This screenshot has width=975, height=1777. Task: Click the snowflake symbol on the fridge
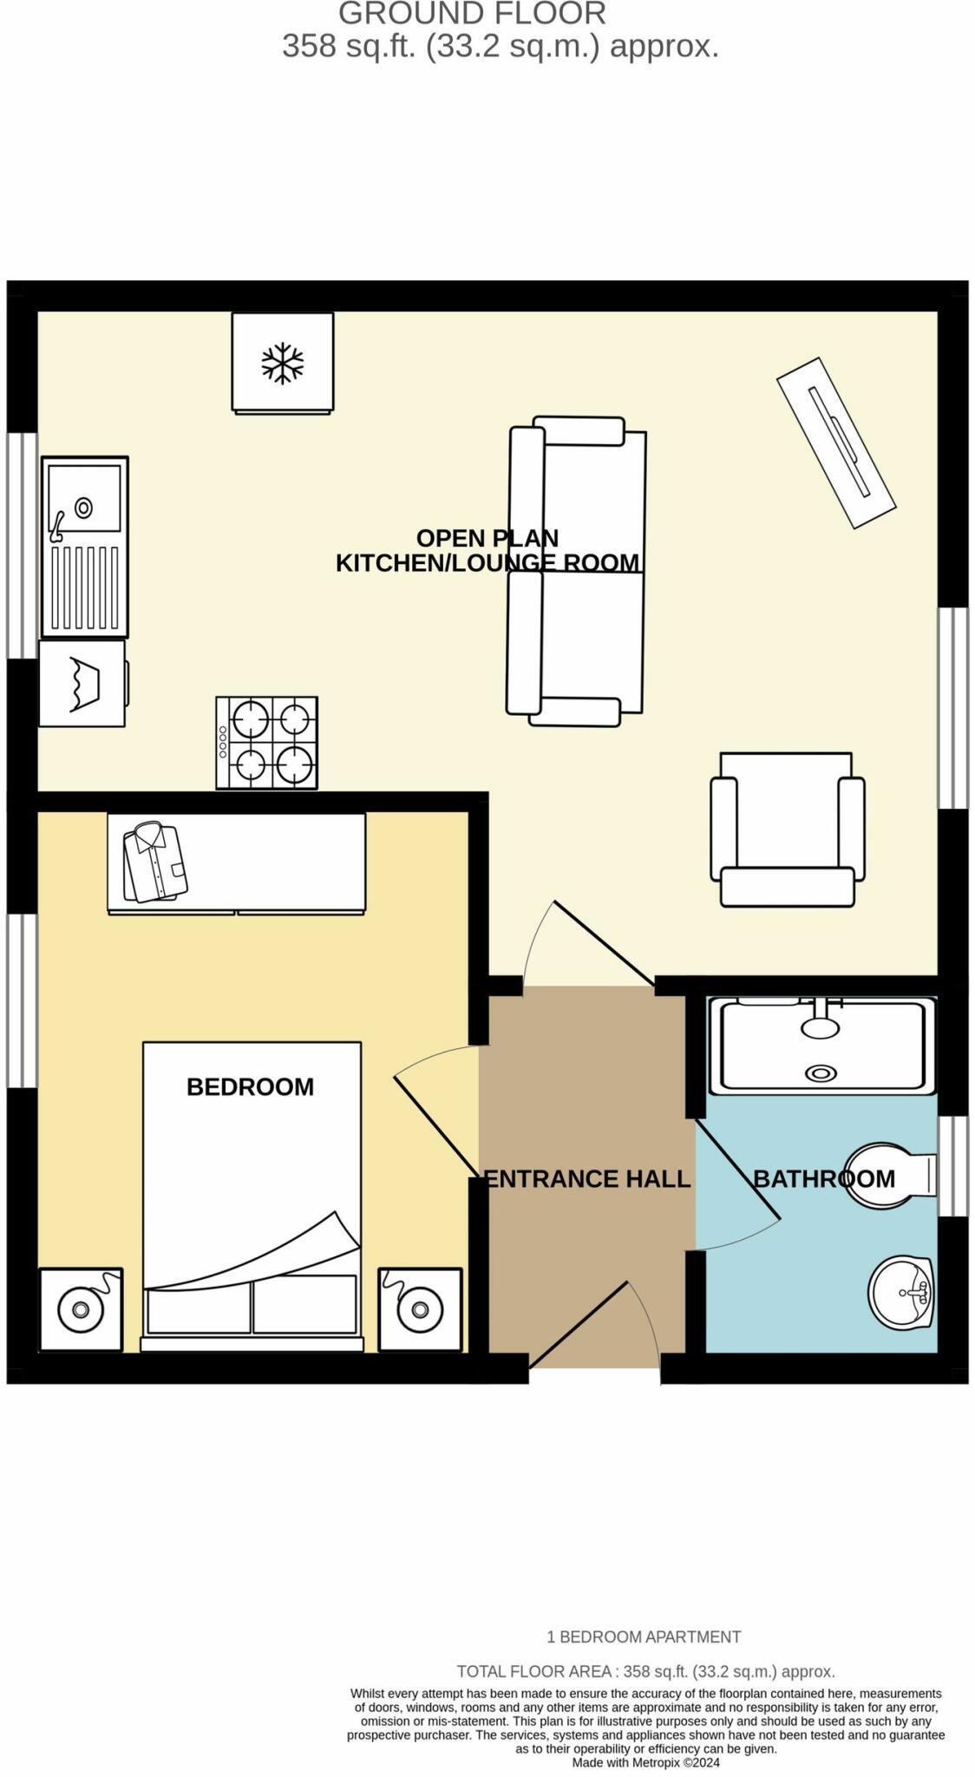[x=282, y=363]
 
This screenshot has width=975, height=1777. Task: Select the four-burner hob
[x=266, y=743]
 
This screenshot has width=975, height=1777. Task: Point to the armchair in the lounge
[x=787, y=829]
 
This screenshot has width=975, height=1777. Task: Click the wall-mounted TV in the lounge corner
[x=835, y=443]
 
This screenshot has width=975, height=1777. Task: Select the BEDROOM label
[x=250, y=1086]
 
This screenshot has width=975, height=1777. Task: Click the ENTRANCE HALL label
[x=587, y=1178]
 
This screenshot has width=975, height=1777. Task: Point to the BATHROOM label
[x=823, y=1178]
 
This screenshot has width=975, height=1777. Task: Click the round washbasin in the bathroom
[x=900, y=1292]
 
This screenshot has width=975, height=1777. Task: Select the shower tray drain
[x=820, y=1073]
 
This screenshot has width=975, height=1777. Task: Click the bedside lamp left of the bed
[x=80, y=1308]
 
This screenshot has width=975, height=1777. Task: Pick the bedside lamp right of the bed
[x=420, y=1308]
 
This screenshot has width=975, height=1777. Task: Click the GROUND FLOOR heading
[x=472, y=14]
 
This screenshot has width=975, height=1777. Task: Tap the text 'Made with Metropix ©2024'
[x=645, y=1762]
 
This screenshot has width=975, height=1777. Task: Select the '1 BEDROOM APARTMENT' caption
[x=644, y=1636]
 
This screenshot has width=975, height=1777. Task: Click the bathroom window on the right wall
[x=953, y=1165]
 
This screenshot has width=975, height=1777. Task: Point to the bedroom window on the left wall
[x=22, y=1000]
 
